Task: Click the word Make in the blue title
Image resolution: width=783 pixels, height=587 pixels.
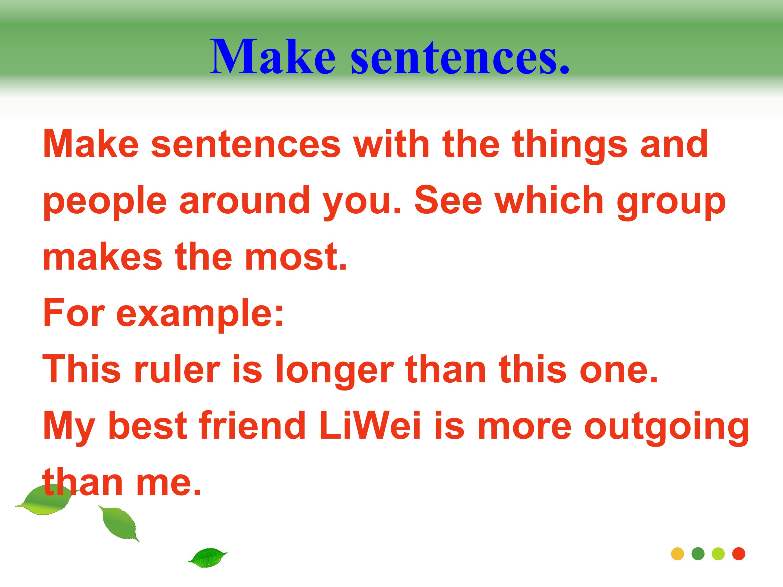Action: coord(273,57)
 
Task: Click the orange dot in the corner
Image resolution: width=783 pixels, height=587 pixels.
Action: coord(678,554)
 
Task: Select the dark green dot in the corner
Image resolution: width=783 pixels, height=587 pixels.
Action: coord(698,554)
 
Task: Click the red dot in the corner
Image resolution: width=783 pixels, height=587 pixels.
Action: coord(739,554)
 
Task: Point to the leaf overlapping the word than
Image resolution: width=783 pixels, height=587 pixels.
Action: coord(46,499)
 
